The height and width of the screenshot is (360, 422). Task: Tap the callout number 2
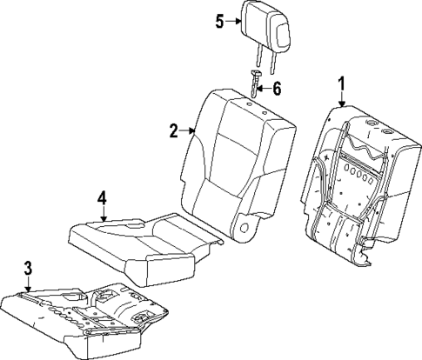point(174,131)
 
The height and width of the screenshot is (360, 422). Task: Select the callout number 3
point(28,269)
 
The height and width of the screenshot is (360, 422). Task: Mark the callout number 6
point(278,89)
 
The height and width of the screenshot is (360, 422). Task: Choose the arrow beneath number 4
point(102,214)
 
